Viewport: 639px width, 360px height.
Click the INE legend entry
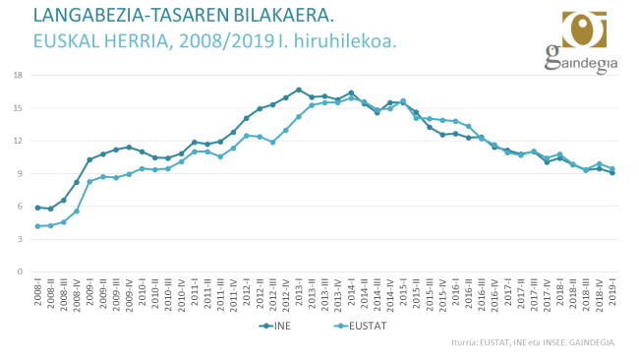coord(276,324)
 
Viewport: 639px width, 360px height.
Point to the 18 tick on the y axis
coord(18,75)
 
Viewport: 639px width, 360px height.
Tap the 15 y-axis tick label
coord(18,108)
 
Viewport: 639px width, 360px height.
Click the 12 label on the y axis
coord(18,141)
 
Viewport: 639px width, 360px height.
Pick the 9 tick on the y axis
coord(20,174)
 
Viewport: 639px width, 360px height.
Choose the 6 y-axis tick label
coord(20,207)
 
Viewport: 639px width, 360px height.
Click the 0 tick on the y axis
coord(20,271)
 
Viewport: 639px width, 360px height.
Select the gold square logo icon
coord(584,30)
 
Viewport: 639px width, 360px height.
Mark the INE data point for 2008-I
coord(37,208)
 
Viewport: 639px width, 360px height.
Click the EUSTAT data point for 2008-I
coord(37,226)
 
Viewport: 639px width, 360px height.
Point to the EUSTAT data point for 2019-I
coord(612,168)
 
